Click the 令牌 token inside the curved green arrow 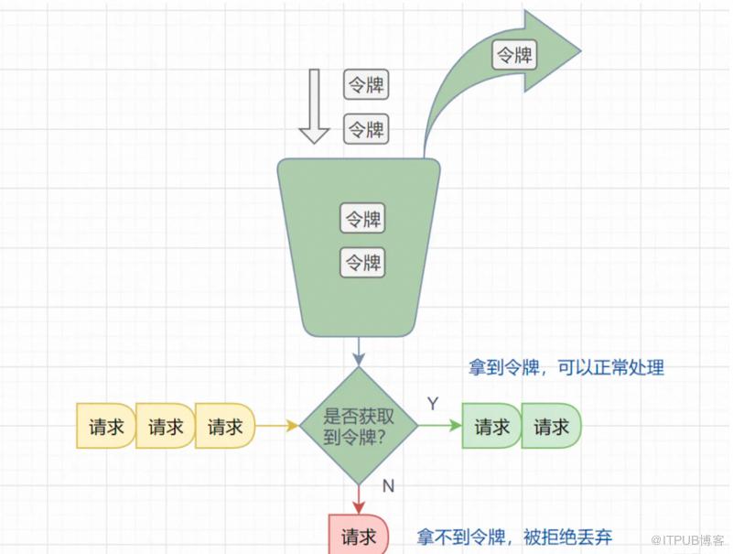pos(515,55)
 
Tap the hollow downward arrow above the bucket pos(314,106)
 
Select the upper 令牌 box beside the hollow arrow pos(366,85)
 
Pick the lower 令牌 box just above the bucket pos(366,129)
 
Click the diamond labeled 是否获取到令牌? pos(359,427)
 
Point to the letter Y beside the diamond pos(432,404)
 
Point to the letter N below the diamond pos(388,486)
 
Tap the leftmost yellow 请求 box pos(105,427)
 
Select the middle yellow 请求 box pos(165,427)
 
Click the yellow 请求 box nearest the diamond pos(224,427)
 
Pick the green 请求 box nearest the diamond pos(492,427)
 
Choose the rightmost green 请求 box pos(551,427)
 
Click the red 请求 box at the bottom pos(358,537)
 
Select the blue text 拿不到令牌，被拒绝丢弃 pos(515,537)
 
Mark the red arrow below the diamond pos(359,499)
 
